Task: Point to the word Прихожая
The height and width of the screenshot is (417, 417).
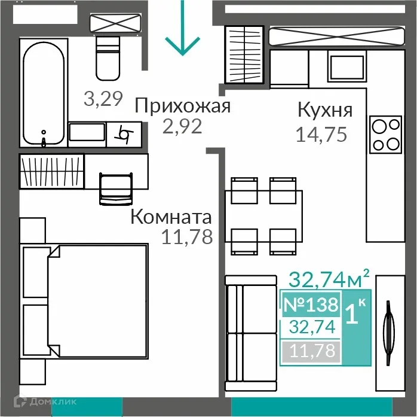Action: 182,106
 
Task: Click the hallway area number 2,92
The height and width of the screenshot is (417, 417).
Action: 182,126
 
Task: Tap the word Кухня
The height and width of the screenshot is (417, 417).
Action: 325,110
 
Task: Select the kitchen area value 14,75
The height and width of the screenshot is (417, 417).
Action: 321,133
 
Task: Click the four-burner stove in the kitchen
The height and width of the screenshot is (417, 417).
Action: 385,135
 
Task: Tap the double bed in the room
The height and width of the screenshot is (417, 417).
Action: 84,307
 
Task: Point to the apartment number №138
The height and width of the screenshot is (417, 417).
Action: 311,305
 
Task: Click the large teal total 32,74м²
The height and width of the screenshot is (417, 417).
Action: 329,278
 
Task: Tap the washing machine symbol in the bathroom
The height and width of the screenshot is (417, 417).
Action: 125,133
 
